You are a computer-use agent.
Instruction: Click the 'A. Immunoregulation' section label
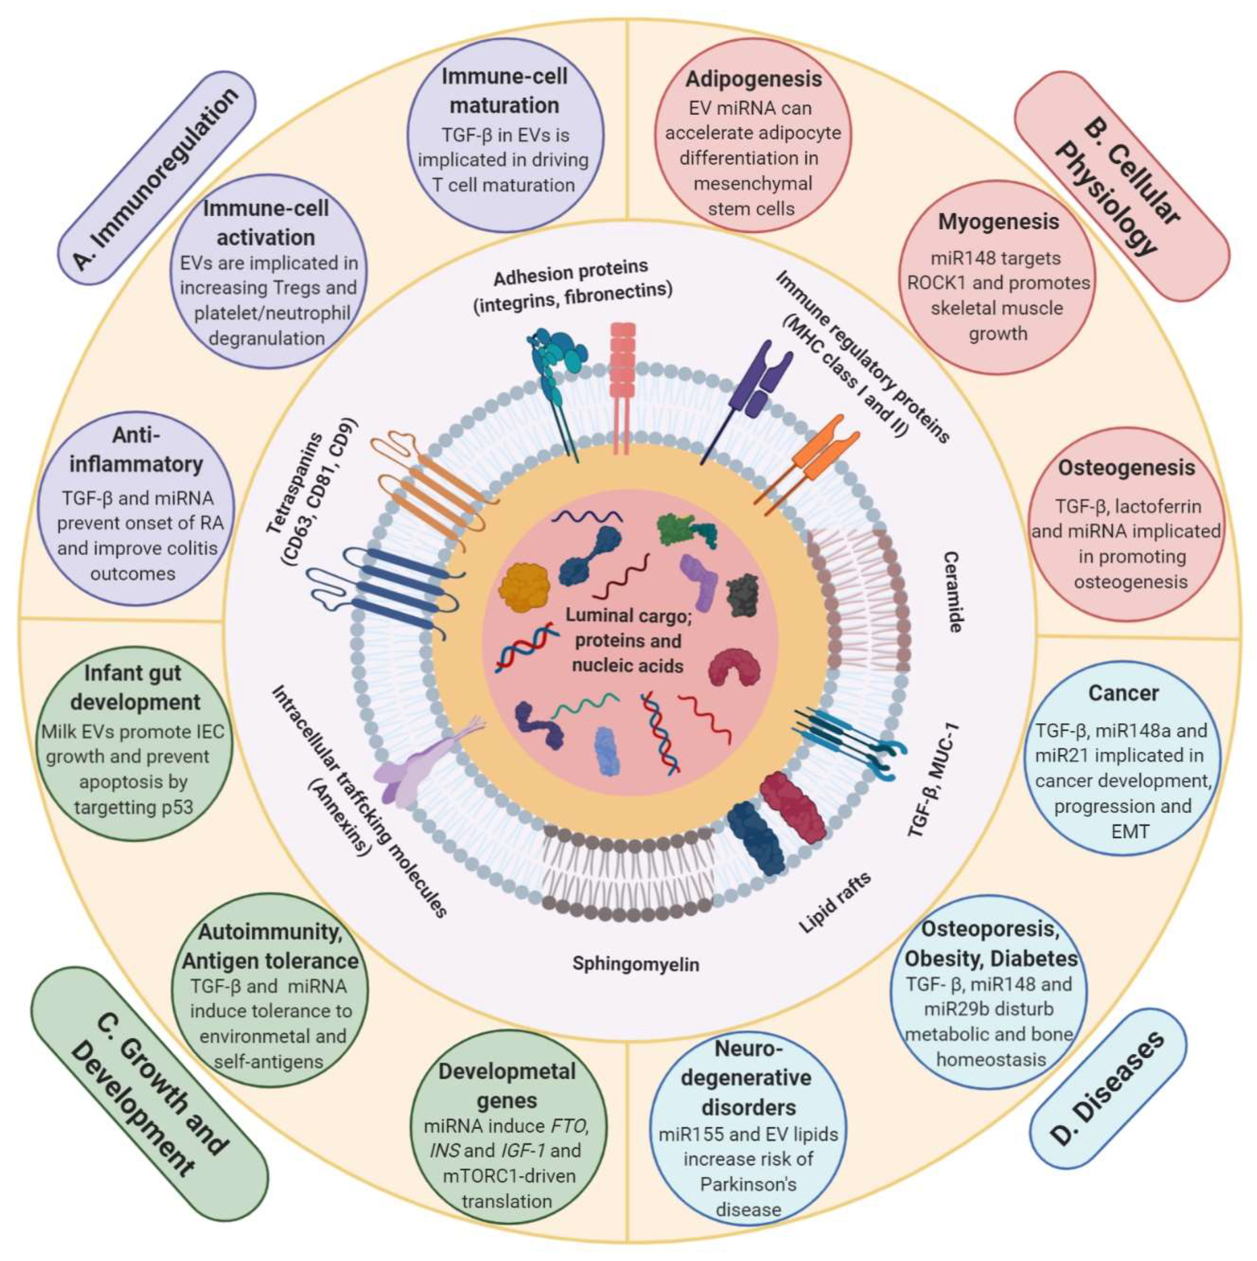[155, 178]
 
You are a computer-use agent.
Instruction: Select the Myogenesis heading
[998, 222]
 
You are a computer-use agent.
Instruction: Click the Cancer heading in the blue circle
[1123, 693]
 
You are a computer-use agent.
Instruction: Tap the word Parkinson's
[748, 1184]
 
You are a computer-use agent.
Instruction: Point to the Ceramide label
[953, 591]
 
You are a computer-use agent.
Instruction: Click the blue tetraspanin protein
[385, 587]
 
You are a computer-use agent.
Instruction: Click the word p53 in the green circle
[175, 807]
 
